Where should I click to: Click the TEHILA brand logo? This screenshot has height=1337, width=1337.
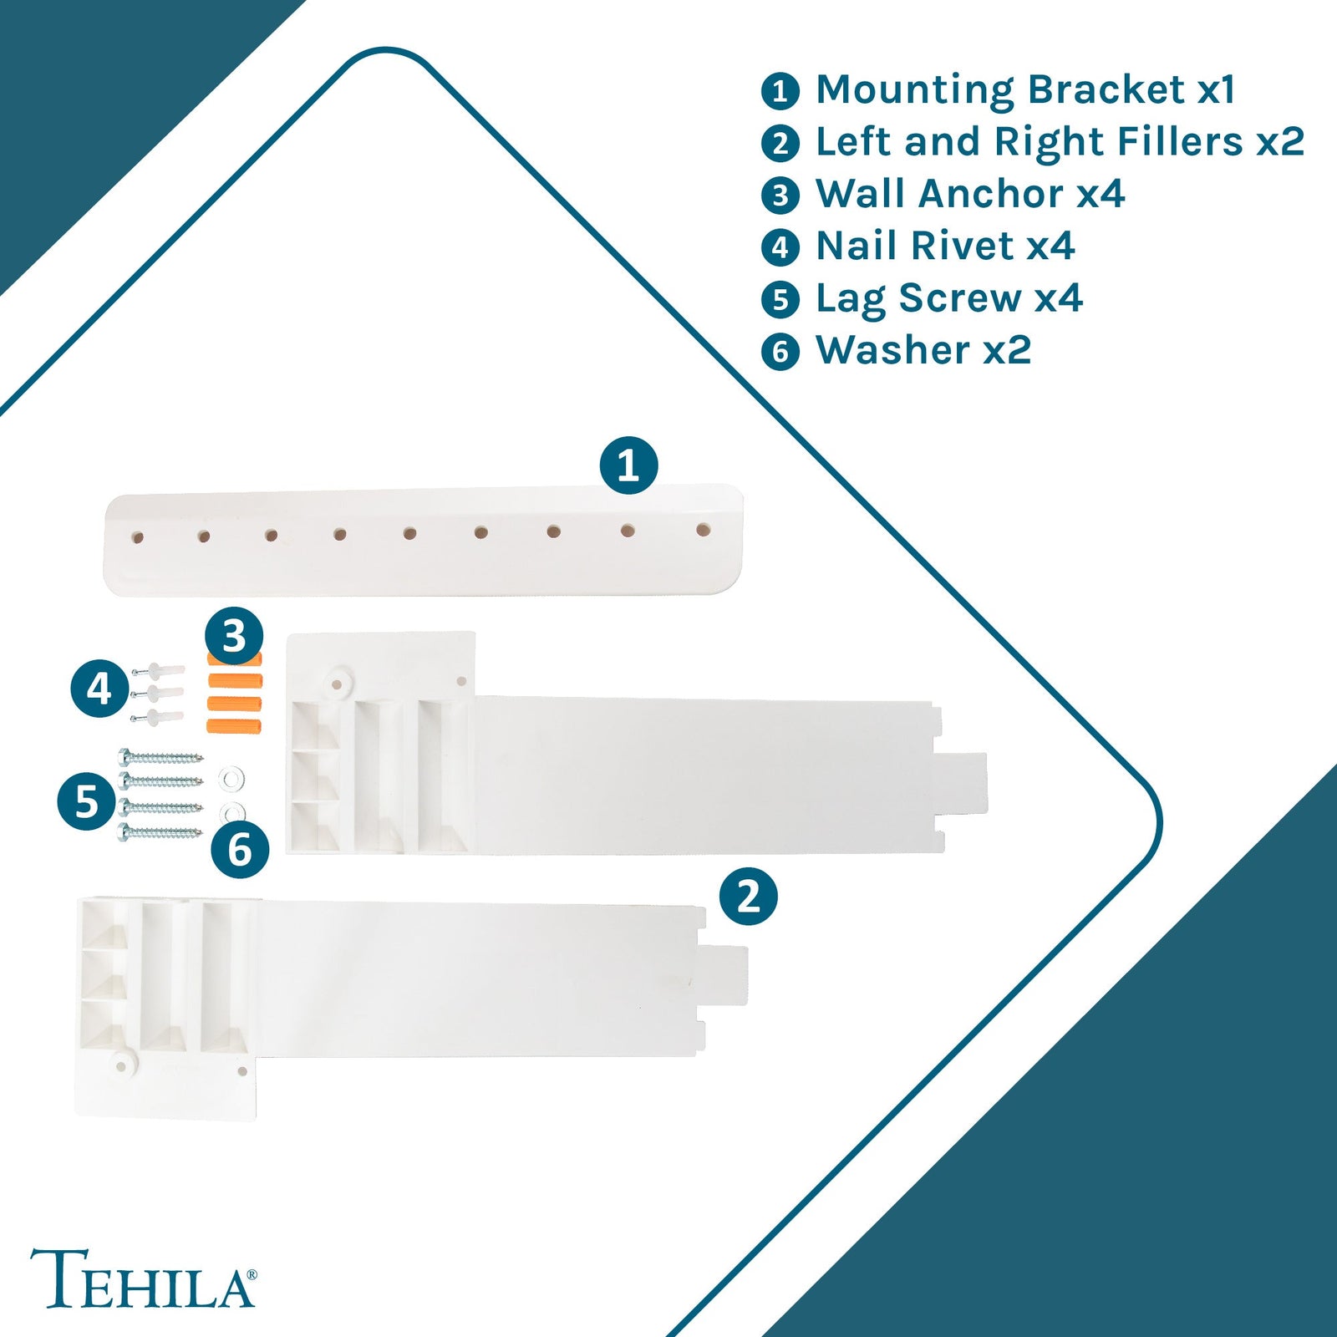pyautogui.click(x=143, y=1278)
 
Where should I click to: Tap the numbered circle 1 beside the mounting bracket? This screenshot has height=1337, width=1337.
pyautogui.click(x=628, y=465)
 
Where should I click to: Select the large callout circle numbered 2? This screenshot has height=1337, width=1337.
pyautogui.click(x=748, y=897)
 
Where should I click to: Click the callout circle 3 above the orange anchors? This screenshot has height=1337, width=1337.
pyautogui.click(x=234, y=635)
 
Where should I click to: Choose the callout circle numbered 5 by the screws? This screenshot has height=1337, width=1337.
pyautogui.click(x=86, y=801)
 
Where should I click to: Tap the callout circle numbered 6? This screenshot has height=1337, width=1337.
pyautogui.click(x=240, y=851)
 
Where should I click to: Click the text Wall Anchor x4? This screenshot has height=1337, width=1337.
pyautogui.click(x=969, y=194)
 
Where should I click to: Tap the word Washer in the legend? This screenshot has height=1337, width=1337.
pyautogui.click(x=893, y=350)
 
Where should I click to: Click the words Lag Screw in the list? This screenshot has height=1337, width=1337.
pyautogui.click(x=918, y=298)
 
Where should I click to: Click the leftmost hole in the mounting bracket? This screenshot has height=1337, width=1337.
pyautogui.click(x=138, y=537)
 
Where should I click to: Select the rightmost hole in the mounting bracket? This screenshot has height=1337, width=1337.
pyautogui.click(x=703, y=530)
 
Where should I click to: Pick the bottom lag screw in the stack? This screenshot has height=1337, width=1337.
pyautogui.click(x=161, y=832)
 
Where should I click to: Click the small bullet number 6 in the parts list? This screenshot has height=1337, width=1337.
pyautogui.click(x=780, y=351)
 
